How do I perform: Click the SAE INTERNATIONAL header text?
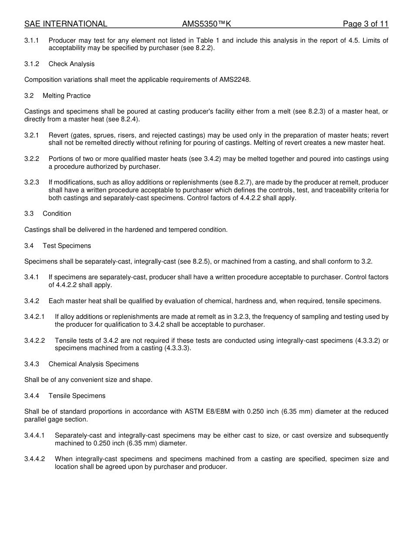(x=66, y=24)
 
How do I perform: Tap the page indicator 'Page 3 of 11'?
(x=365, y=24)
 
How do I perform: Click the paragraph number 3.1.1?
(x=32, y=40)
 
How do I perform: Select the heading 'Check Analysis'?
(x=71, y=64)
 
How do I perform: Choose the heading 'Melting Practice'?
(x=67, y=96)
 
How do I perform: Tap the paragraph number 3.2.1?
(x=32, y=135)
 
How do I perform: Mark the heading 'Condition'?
(x=57, y=214)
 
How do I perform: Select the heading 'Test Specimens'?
(x=67, y=246)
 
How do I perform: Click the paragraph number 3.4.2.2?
(x=35, y=341)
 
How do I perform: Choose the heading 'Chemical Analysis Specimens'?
(x=93, y=364)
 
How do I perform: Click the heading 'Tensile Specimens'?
(x=77, y=396)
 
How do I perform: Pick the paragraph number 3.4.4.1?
(x=35, y=435)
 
